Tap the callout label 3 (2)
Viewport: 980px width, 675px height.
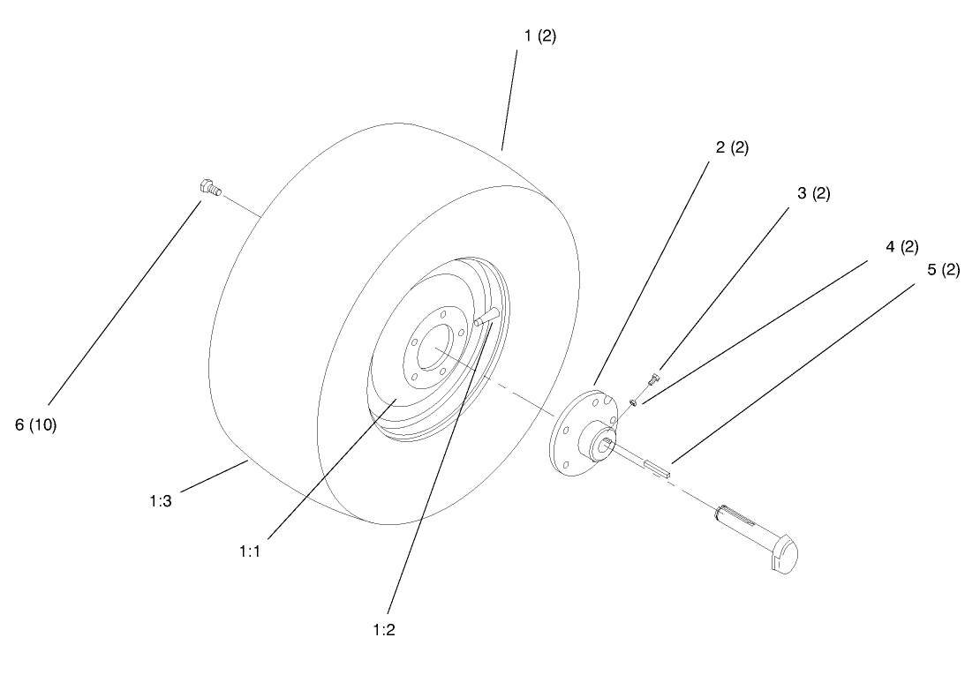814,193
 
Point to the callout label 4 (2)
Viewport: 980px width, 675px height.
902,247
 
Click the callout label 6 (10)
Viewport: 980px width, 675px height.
36,424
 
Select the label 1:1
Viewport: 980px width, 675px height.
252,550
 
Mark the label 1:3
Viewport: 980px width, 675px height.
162,499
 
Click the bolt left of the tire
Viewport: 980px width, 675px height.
209,189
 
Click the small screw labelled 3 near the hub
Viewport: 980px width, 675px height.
652,379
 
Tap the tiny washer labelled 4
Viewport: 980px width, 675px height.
633,403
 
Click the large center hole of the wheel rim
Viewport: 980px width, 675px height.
435,350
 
